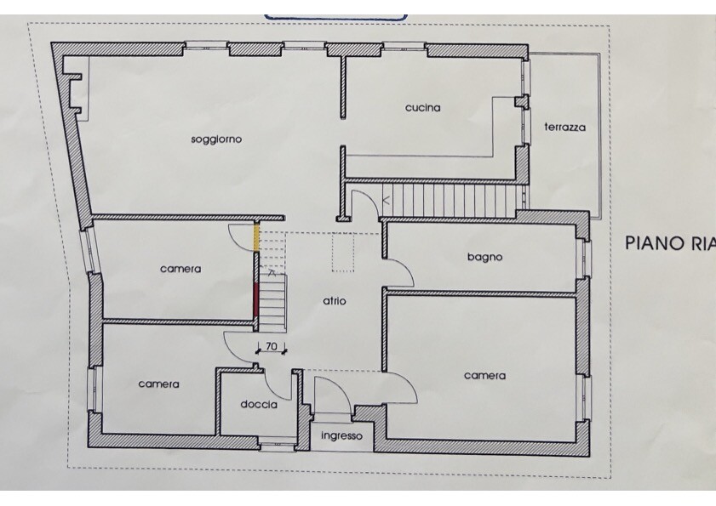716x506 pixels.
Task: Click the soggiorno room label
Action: pos(216,139)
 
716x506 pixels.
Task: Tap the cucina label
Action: pos(423,108)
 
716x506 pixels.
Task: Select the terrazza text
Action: pos(564,128)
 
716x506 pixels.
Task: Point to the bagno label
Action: pos(485,258)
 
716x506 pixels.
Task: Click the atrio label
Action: pos(335,301)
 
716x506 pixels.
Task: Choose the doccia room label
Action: pos(259,404)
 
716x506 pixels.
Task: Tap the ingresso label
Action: pos(341,436)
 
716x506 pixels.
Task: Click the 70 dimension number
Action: pos(272,346)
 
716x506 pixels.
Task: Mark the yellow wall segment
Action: pos(256,236)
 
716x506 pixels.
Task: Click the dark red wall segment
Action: pos(256,296)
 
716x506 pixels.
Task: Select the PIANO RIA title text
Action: pos(670,242)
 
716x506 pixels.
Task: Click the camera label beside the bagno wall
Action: pos(485,376)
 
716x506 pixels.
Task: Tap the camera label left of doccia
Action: pos(158,384)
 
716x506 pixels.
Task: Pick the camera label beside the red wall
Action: pos(180,269)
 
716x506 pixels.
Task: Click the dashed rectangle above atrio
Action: pos(343,253)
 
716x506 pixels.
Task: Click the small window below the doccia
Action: pos(278,441)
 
